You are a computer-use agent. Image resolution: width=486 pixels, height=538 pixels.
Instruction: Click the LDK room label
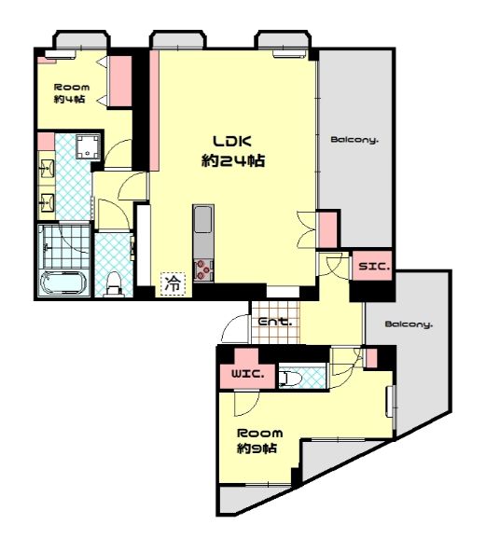pos(232,141)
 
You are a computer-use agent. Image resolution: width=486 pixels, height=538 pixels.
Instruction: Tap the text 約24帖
pos(233,160)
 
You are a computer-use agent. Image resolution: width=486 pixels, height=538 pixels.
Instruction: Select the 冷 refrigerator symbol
pos(173,283)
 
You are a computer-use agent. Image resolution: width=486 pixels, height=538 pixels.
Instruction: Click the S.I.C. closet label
pos(374,267)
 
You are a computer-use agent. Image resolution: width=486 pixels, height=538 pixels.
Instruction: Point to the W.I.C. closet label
pos(248,374)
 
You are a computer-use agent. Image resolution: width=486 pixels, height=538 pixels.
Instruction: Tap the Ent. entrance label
pos(274,323)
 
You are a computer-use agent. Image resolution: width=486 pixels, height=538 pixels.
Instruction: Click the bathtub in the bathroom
pos(62,283)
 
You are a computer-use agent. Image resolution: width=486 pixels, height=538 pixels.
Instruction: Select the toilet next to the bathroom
pos(113,284)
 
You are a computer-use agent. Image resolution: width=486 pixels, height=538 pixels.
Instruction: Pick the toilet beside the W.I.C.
pos(290,379)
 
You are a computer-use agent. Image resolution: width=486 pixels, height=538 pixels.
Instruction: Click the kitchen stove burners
pos(202,270)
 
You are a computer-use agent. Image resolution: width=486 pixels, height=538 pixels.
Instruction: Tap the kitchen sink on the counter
pos(203,220)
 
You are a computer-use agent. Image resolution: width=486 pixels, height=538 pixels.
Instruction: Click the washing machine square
pos(88,146)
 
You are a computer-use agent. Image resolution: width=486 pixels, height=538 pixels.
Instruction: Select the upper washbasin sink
pos(47,169)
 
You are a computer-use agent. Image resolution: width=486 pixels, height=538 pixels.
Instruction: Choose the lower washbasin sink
pos(47,202)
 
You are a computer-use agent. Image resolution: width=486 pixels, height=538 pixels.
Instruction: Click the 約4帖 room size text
pos(70,99)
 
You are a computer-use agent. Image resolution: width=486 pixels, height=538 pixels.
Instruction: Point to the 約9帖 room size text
pos(257,448)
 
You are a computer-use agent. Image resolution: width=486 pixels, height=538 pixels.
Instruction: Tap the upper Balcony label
pos(354,140)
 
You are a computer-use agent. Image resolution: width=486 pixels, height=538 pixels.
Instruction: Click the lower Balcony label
pos(409,324)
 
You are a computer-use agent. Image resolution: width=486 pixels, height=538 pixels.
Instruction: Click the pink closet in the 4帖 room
pos(120,81)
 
